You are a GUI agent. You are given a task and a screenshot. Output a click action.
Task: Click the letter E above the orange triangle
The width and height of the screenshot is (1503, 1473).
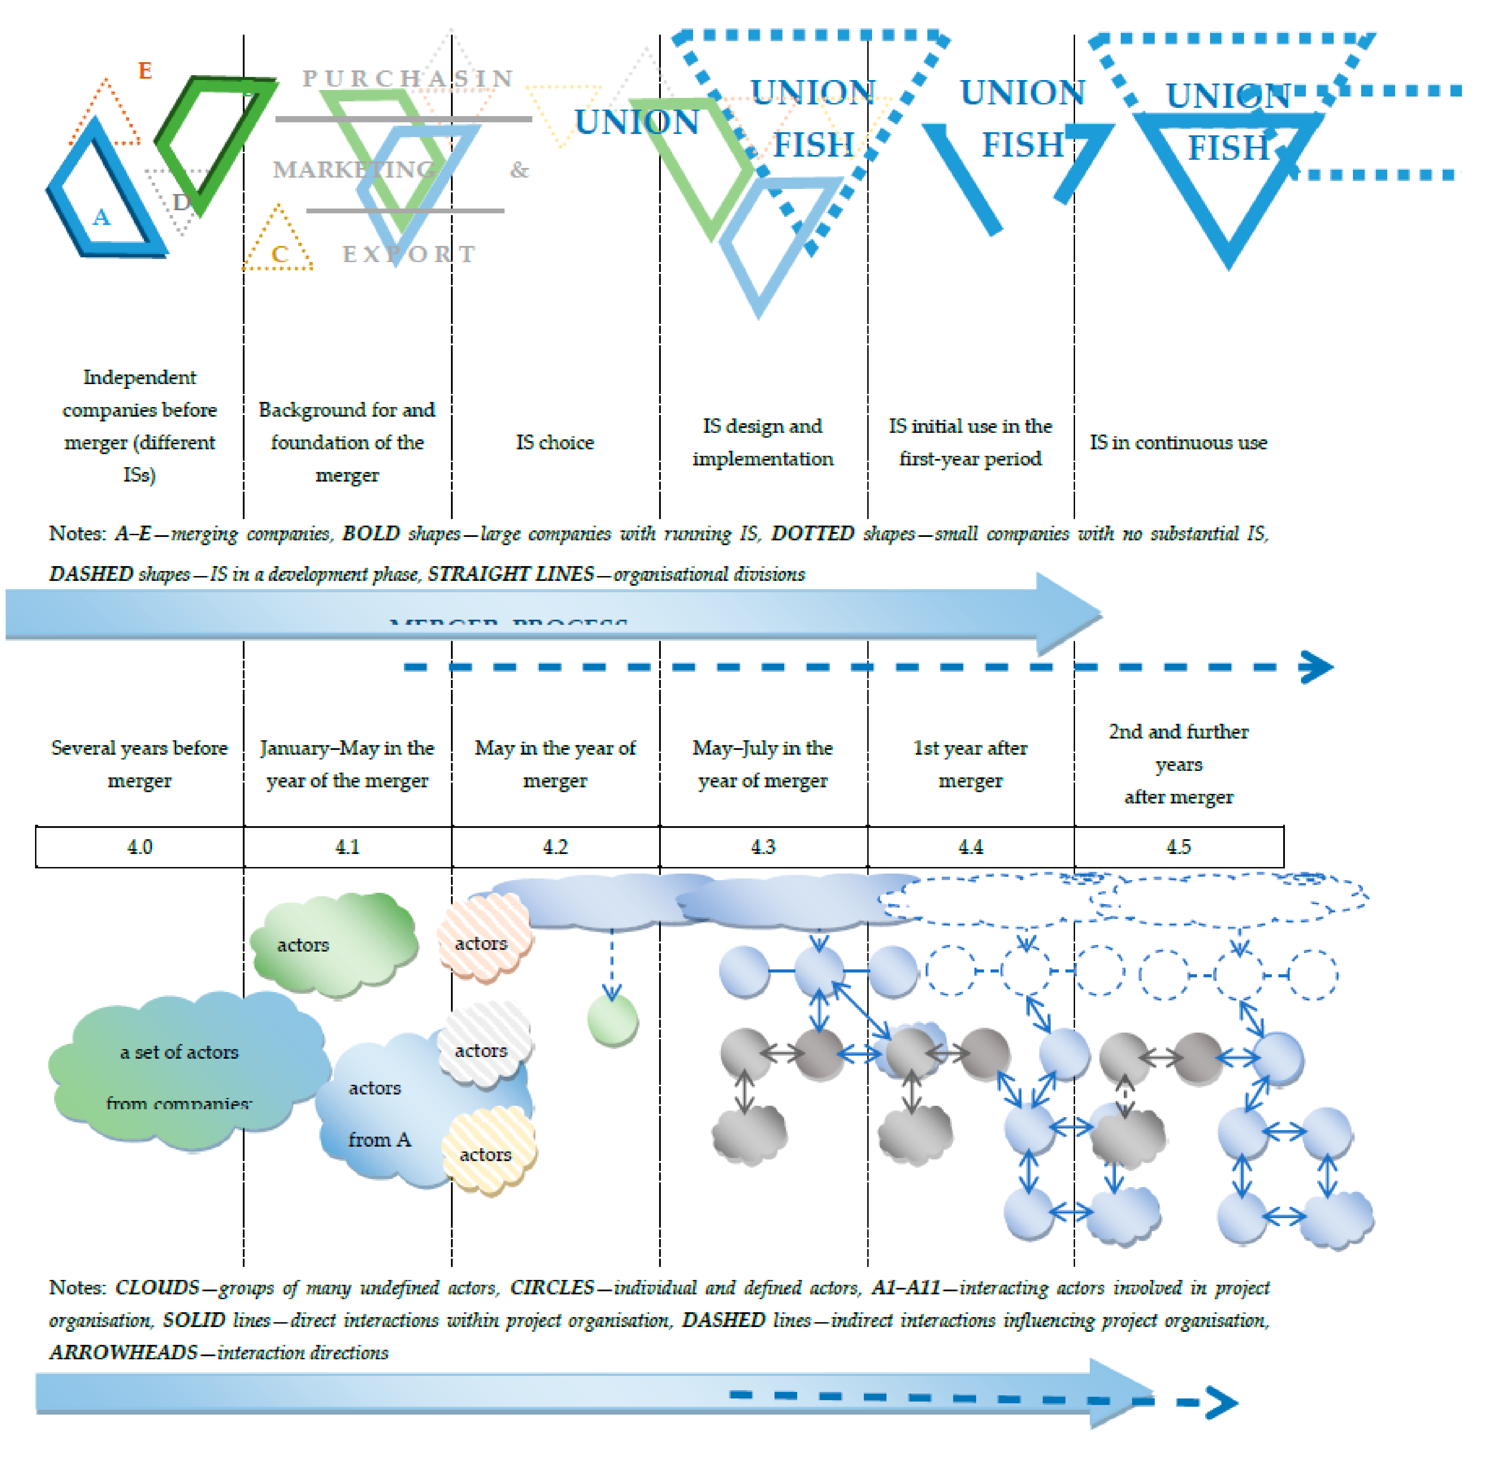[x=145, y=71]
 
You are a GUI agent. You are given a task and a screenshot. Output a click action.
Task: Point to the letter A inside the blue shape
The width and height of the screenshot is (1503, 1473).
[x=101, y=217]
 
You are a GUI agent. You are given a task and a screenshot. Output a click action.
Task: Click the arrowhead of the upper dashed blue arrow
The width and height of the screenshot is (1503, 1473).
[x=1317, y=667]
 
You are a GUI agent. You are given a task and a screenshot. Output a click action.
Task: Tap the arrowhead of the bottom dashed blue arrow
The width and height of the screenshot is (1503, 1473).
[x=1222, y=1402]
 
